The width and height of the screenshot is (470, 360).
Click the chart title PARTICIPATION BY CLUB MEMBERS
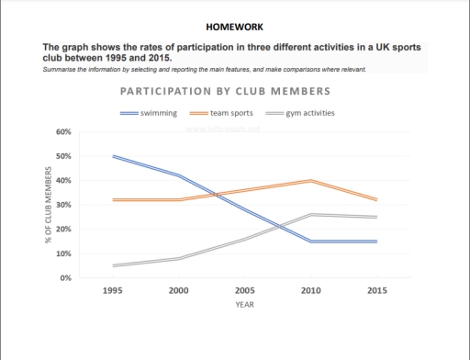tap(226, 93)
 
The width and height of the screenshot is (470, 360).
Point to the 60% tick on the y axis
tap(64, 132)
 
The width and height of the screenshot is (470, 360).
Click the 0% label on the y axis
tap(66, 277)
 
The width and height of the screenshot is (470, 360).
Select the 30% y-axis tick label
tap(64, 205)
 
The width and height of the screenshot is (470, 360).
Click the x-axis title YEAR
tap(245, 304)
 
